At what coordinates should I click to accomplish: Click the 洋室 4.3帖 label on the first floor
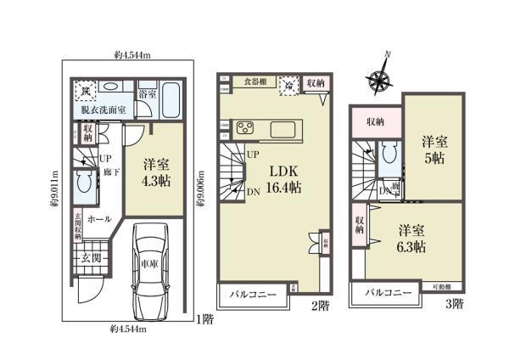click(155, 172)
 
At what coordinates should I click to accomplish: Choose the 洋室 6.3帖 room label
click(411, 239)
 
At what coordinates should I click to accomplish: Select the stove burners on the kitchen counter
click(245, 129)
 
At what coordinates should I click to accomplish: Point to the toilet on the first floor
click(85, 182)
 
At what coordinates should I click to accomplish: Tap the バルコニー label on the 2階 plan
click(252, 294)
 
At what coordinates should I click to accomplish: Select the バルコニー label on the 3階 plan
click(389, 293)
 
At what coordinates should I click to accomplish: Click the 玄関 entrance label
click(92, 256)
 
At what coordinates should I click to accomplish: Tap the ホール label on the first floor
click(98, 218)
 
